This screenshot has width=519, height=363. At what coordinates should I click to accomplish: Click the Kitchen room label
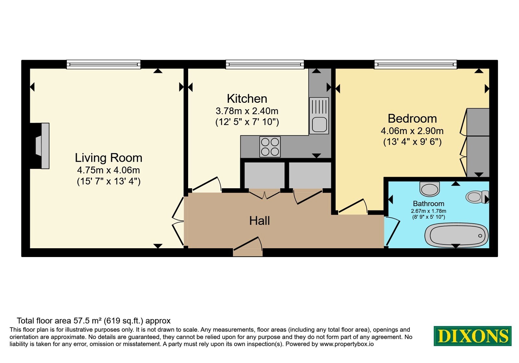[x=247, y=99]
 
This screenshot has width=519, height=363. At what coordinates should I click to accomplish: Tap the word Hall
[x=259, y=221]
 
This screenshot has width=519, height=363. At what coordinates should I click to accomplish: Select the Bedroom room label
[x=412, y=119]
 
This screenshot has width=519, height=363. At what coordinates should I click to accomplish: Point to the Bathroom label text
[x=428, y=204]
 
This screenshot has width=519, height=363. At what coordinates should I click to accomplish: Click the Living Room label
[x=108, y=158]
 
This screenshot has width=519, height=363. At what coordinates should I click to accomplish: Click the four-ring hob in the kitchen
[x=270, y=147]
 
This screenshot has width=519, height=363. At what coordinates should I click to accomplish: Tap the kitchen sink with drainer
[x=319, y=116]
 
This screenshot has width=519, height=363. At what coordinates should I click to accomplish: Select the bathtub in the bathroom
[x=456, y=235]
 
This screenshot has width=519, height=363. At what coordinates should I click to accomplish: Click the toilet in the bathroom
[x=477, y=197]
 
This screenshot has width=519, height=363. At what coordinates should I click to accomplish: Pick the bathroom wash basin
[x=429, y=189]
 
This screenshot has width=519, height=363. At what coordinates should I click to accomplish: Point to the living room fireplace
[x=42, y=146]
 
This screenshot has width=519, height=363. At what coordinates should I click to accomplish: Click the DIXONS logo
[x=472, y=336]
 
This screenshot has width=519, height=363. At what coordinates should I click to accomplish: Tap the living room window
[x=103, y=64]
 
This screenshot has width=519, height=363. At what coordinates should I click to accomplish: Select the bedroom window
[x=416, y=64]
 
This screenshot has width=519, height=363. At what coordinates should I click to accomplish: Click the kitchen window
[x=265, y=64]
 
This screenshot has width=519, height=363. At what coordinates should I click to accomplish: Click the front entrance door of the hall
[x=248, y=247]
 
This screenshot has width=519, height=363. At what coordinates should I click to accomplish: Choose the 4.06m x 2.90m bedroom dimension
[x=412, y=131]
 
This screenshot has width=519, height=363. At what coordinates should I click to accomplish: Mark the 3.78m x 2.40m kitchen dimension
[x=247, y=111]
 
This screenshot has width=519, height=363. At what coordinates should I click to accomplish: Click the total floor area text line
[x=94, y=321]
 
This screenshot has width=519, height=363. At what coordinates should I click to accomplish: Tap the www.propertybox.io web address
[x=347, y=344]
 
